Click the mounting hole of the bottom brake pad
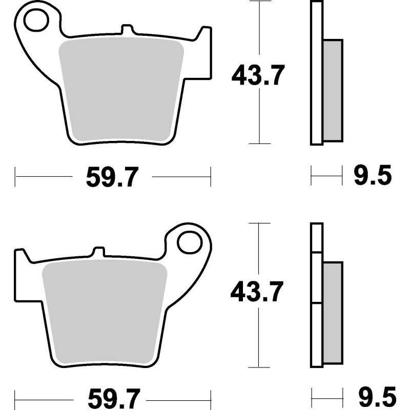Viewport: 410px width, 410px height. pos(190,242)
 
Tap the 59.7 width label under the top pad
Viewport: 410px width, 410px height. pos(112,177)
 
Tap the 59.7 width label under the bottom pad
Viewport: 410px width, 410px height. pos(112,397)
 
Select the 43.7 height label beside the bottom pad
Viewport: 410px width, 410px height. pos(257,293)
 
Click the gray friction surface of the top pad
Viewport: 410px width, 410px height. pos(121,90)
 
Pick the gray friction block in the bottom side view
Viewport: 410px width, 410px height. pos(333,313)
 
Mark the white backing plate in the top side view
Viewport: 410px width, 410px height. pos(317,72)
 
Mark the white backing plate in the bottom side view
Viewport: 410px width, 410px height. pos(317,295)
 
